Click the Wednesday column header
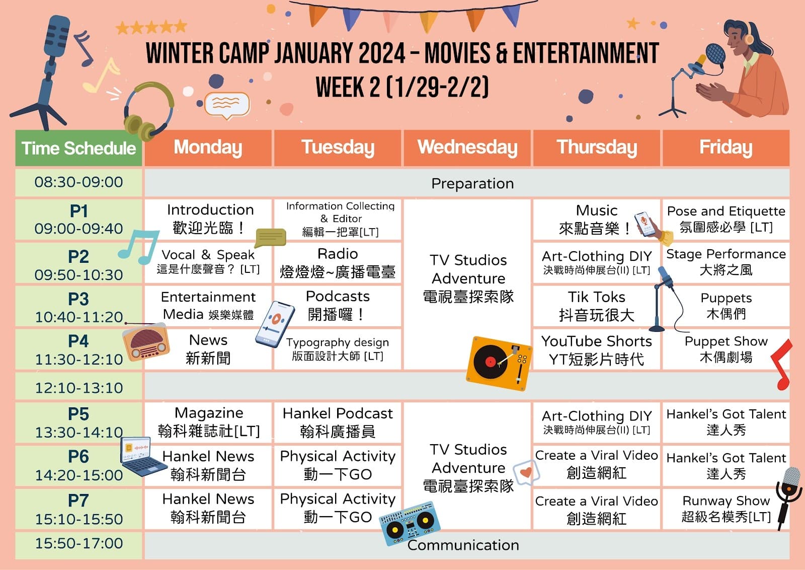(x=467, y=148)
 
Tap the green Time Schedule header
(x=78, y=148)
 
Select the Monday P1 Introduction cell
(x=208, y=220)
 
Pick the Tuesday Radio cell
(x=338, y=263)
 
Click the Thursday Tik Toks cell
(x=597, y=306)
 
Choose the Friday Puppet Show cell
(x=726, y=349)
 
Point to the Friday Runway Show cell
(x=726, y=509)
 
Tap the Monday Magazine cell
(x=208, y=422)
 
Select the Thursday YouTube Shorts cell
(x=597, y=349)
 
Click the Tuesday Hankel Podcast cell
(x=338, y=422)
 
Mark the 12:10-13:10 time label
(x=78, y=388)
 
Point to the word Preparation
(x=472, y=183)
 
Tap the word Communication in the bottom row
(x=463, y=545)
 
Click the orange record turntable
(x=499, y=363)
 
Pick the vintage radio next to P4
(x=145, y=341)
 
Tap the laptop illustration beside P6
(x=143, y=456)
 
